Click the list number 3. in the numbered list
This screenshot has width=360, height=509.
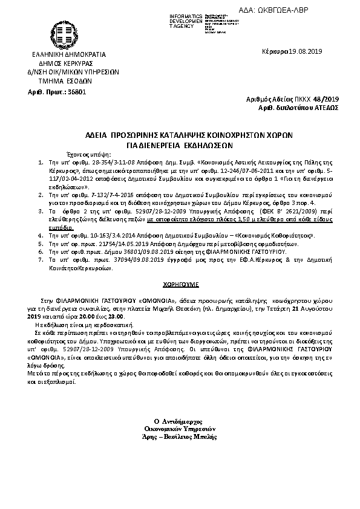pyautogui.click(x=41, y=212)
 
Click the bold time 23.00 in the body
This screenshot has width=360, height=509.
pyautogui.click(x=117, y=316)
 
